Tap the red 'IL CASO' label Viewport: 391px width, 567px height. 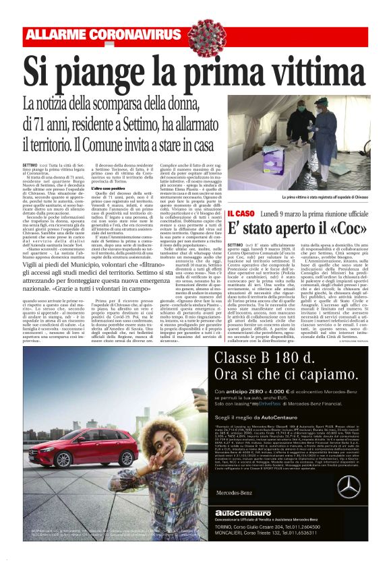coord(241,213)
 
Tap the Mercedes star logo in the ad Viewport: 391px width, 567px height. coord(348,506)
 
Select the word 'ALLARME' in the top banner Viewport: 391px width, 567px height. coord(65,34)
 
